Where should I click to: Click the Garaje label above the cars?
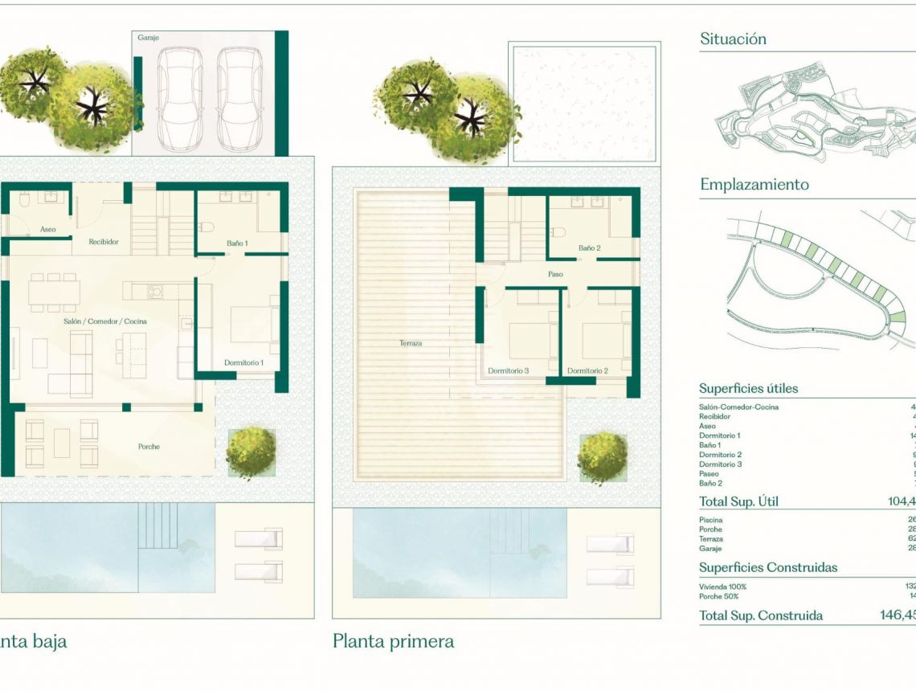(x=149, y=38)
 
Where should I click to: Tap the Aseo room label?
(x=48, y=229)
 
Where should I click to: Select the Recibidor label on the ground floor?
(x=104, y=241)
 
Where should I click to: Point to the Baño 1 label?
(x=236, y=243)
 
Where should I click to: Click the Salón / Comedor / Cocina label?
(x=106, y=321)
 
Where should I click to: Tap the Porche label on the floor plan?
(x=149, y=447)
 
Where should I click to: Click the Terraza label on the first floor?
(x=411, y=343)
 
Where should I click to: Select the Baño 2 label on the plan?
(x=589, y=248)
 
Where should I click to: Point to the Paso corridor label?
(x=555, y=274)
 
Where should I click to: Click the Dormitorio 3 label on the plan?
(x=508, y=370)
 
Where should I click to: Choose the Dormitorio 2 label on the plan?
(x=587, y=370)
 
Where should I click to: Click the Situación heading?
(x=733, y=39)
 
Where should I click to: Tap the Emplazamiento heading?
(x=754, y=184)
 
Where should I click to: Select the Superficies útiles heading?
(x=748, y=388)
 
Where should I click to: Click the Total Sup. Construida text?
(x=760, y=615)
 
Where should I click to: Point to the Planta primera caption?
(x=393, y=641)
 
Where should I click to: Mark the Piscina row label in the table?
(x=710, y=520)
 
